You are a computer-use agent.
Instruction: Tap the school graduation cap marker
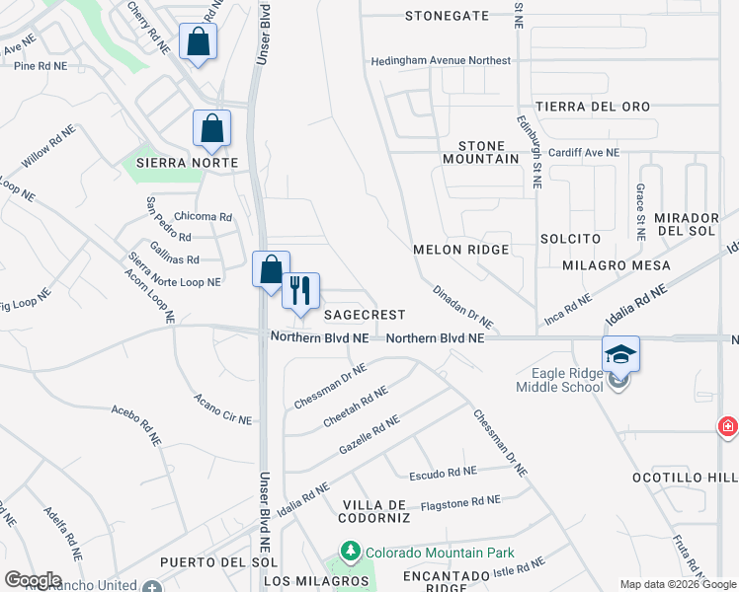click(621, 354)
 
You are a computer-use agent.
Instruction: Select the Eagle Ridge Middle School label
click(559, 380)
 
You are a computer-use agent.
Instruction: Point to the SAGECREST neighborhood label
click(366, 315)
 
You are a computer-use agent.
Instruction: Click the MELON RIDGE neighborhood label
click(460, 251)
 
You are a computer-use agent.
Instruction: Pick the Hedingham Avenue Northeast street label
click(441, 61)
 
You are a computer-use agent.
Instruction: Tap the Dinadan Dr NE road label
click(462, 306)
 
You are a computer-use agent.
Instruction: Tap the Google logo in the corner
click(33, 580)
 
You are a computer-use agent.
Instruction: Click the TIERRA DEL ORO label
click(593, 107)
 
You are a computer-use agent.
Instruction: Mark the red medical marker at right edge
click(728, 426)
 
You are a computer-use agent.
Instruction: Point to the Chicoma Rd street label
click(203, 217)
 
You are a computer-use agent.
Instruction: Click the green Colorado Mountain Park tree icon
click(349, 551)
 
